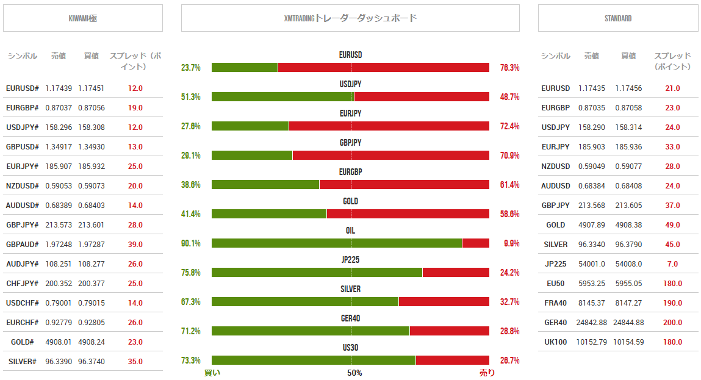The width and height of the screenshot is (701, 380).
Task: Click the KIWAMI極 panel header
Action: tap(83, 18)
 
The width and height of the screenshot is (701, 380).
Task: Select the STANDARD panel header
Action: tap(617, 18)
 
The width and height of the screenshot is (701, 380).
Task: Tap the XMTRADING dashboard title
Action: tap(350, 18)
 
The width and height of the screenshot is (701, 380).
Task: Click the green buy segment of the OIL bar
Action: tap(336, 243)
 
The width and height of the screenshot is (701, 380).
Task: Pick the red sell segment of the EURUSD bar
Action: tap(383, 68)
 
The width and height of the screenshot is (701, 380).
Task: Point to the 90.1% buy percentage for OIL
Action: tap(191, 243)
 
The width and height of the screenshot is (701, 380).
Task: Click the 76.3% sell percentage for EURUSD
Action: tap(509, 68)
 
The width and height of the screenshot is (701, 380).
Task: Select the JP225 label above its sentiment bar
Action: tap(350, 260)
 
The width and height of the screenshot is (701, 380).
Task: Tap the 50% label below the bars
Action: tap(354, 373)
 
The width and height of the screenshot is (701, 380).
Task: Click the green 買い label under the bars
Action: tap(212, 373)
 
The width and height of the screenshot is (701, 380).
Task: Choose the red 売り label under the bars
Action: tap(487, 373)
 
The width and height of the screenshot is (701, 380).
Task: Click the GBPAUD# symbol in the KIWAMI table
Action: tap(22, 245)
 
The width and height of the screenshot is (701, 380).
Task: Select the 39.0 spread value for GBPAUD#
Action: tap(135, 245)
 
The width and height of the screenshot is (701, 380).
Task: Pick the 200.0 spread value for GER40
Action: tap(672, 323)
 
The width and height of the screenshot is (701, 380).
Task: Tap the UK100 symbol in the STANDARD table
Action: tap(555, 342)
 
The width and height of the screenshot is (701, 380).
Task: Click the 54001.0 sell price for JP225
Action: tap(591, 264)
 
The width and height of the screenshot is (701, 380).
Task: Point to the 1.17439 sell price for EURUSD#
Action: tap(59, 88)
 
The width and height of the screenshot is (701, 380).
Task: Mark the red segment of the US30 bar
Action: tap(452, 360)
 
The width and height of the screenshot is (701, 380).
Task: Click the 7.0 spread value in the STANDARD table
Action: tap(672, 264)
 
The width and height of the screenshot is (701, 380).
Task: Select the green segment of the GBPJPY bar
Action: tap(252, 156)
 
